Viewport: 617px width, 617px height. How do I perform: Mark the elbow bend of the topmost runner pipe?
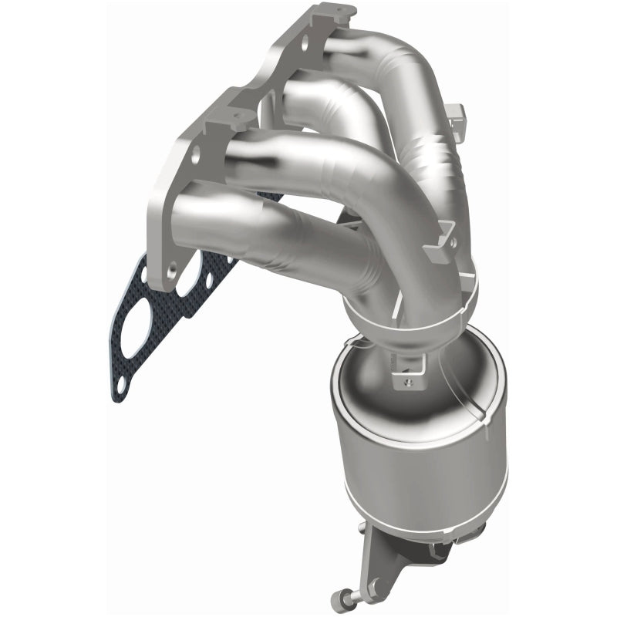(x=416, y=85)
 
